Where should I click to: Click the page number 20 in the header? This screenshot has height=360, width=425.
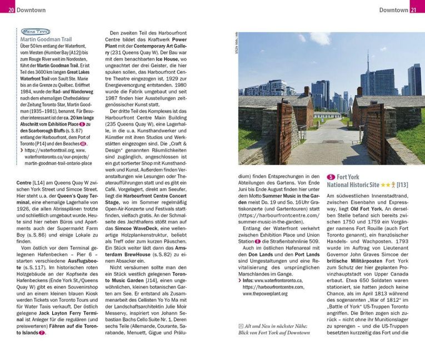(x=11, y=10)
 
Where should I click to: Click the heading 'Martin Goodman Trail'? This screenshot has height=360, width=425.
(x=46, y=39)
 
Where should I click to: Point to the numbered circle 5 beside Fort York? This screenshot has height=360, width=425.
(x=331, y=177)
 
